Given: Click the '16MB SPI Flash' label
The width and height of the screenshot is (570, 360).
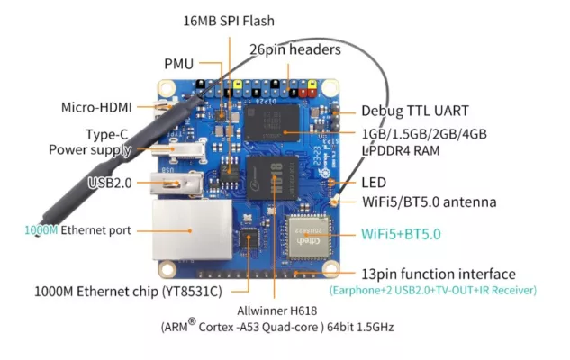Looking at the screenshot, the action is pyautogui.click(x=229, y=21).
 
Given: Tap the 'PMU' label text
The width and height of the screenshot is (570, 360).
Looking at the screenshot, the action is pyautogui.click(x=179, y=64).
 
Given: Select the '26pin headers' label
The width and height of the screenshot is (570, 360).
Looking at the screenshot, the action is pyautogui.click(x=295, y=49).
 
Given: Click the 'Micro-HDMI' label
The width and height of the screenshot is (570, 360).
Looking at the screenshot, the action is pyautogui.click(x=96, y=107).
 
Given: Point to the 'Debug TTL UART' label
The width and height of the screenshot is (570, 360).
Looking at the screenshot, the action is pyautogui.click(x=415, y=111).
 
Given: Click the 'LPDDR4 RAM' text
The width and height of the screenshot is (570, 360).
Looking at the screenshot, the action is pyautogui.click(x=400, y=150).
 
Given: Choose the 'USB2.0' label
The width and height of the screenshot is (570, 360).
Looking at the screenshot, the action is pyautogui.click(x=110, y=183).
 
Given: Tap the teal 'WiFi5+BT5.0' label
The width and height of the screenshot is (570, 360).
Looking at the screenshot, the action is pyautogui.click(x=401, y=234).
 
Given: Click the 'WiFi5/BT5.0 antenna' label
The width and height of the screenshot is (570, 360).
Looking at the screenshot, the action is pyautogui.click(x=430, y=202).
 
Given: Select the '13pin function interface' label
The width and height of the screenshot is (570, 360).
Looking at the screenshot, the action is pyautogui.click(x=439, y=274).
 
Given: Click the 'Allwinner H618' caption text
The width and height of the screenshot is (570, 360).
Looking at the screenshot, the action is pyautogui.click(x=277, y=311).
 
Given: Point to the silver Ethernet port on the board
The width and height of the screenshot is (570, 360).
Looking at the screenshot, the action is pyautogui.click(x=193, y=229).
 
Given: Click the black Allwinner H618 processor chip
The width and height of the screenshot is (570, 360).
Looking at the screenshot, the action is pyautogui.click(x=272, y=177).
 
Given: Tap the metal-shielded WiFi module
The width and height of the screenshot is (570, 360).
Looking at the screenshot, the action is pyautogui.click(x=309, y=238).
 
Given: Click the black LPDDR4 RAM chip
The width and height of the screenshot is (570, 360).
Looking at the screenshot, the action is pyautogui.click(x=272, y=123).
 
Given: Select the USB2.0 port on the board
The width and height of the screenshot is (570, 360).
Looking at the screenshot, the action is pyautogui.click(x=176, y=184).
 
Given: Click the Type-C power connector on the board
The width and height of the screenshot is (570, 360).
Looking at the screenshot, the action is pyautogui.click(x=179, y=149).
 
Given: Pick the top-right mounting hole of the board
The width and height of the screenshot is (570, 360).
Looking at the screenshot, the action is pyautogui.click(x=330, y=88).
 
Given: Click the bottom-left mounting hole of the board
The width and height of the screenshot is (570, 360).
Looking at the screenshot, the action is pyautogui.click(x=167, y=269).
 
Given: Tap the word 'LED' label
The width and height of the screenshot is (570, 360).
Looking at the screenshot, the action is pyautogui.click(x=374, y=183).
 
